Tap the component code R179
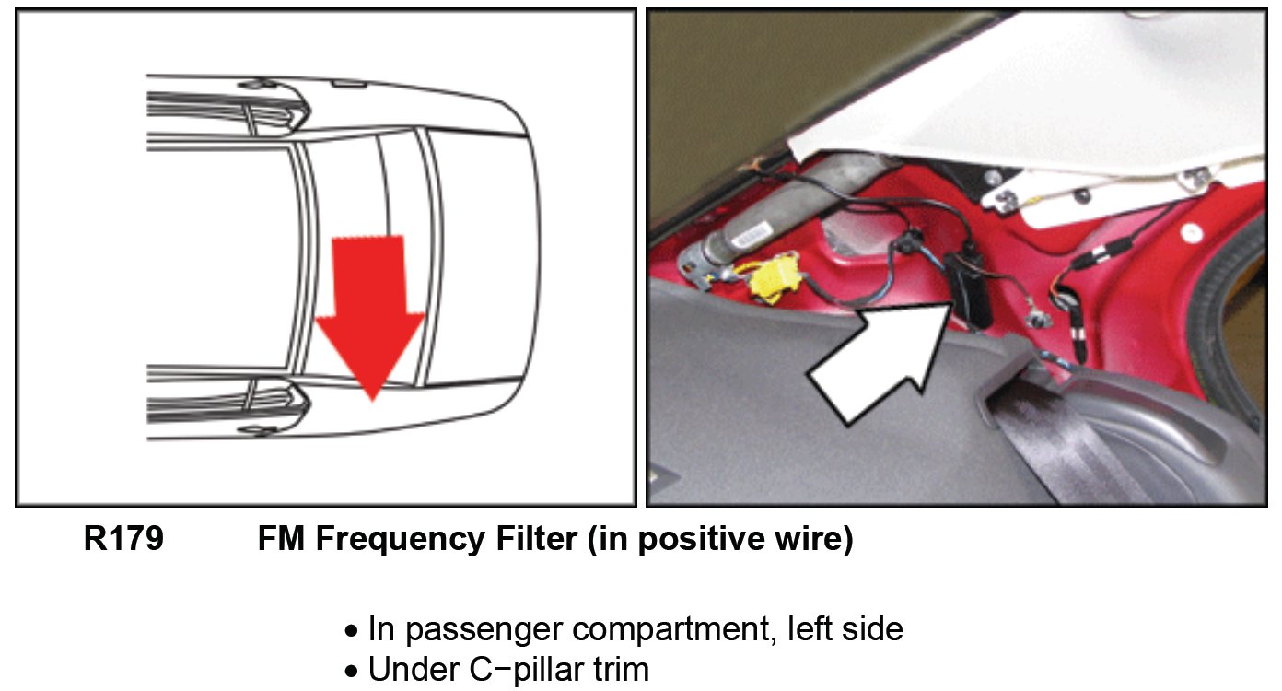pos(123,539)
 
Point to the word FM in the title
pos(282,539)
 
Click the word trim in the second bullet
pos(619,669)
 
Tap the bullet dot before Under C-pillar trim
pos(351,672)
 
